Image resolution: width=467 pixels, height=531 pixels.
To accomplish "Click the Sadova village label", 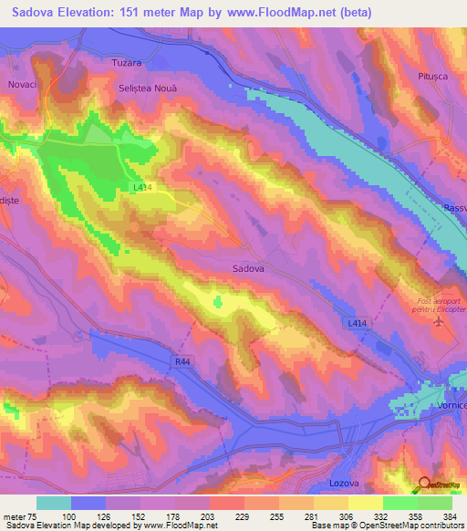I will (x=249, y=269).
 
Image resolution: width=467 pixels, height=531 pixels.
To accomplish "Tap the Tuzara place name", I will (x=125, y=63).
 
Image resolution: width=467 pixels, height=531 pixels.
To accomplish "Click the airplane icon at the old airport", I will (x=441, y=321).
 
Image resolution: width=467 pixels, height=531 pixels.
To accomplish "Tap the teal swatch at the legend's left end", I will (x=54, y=503).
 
